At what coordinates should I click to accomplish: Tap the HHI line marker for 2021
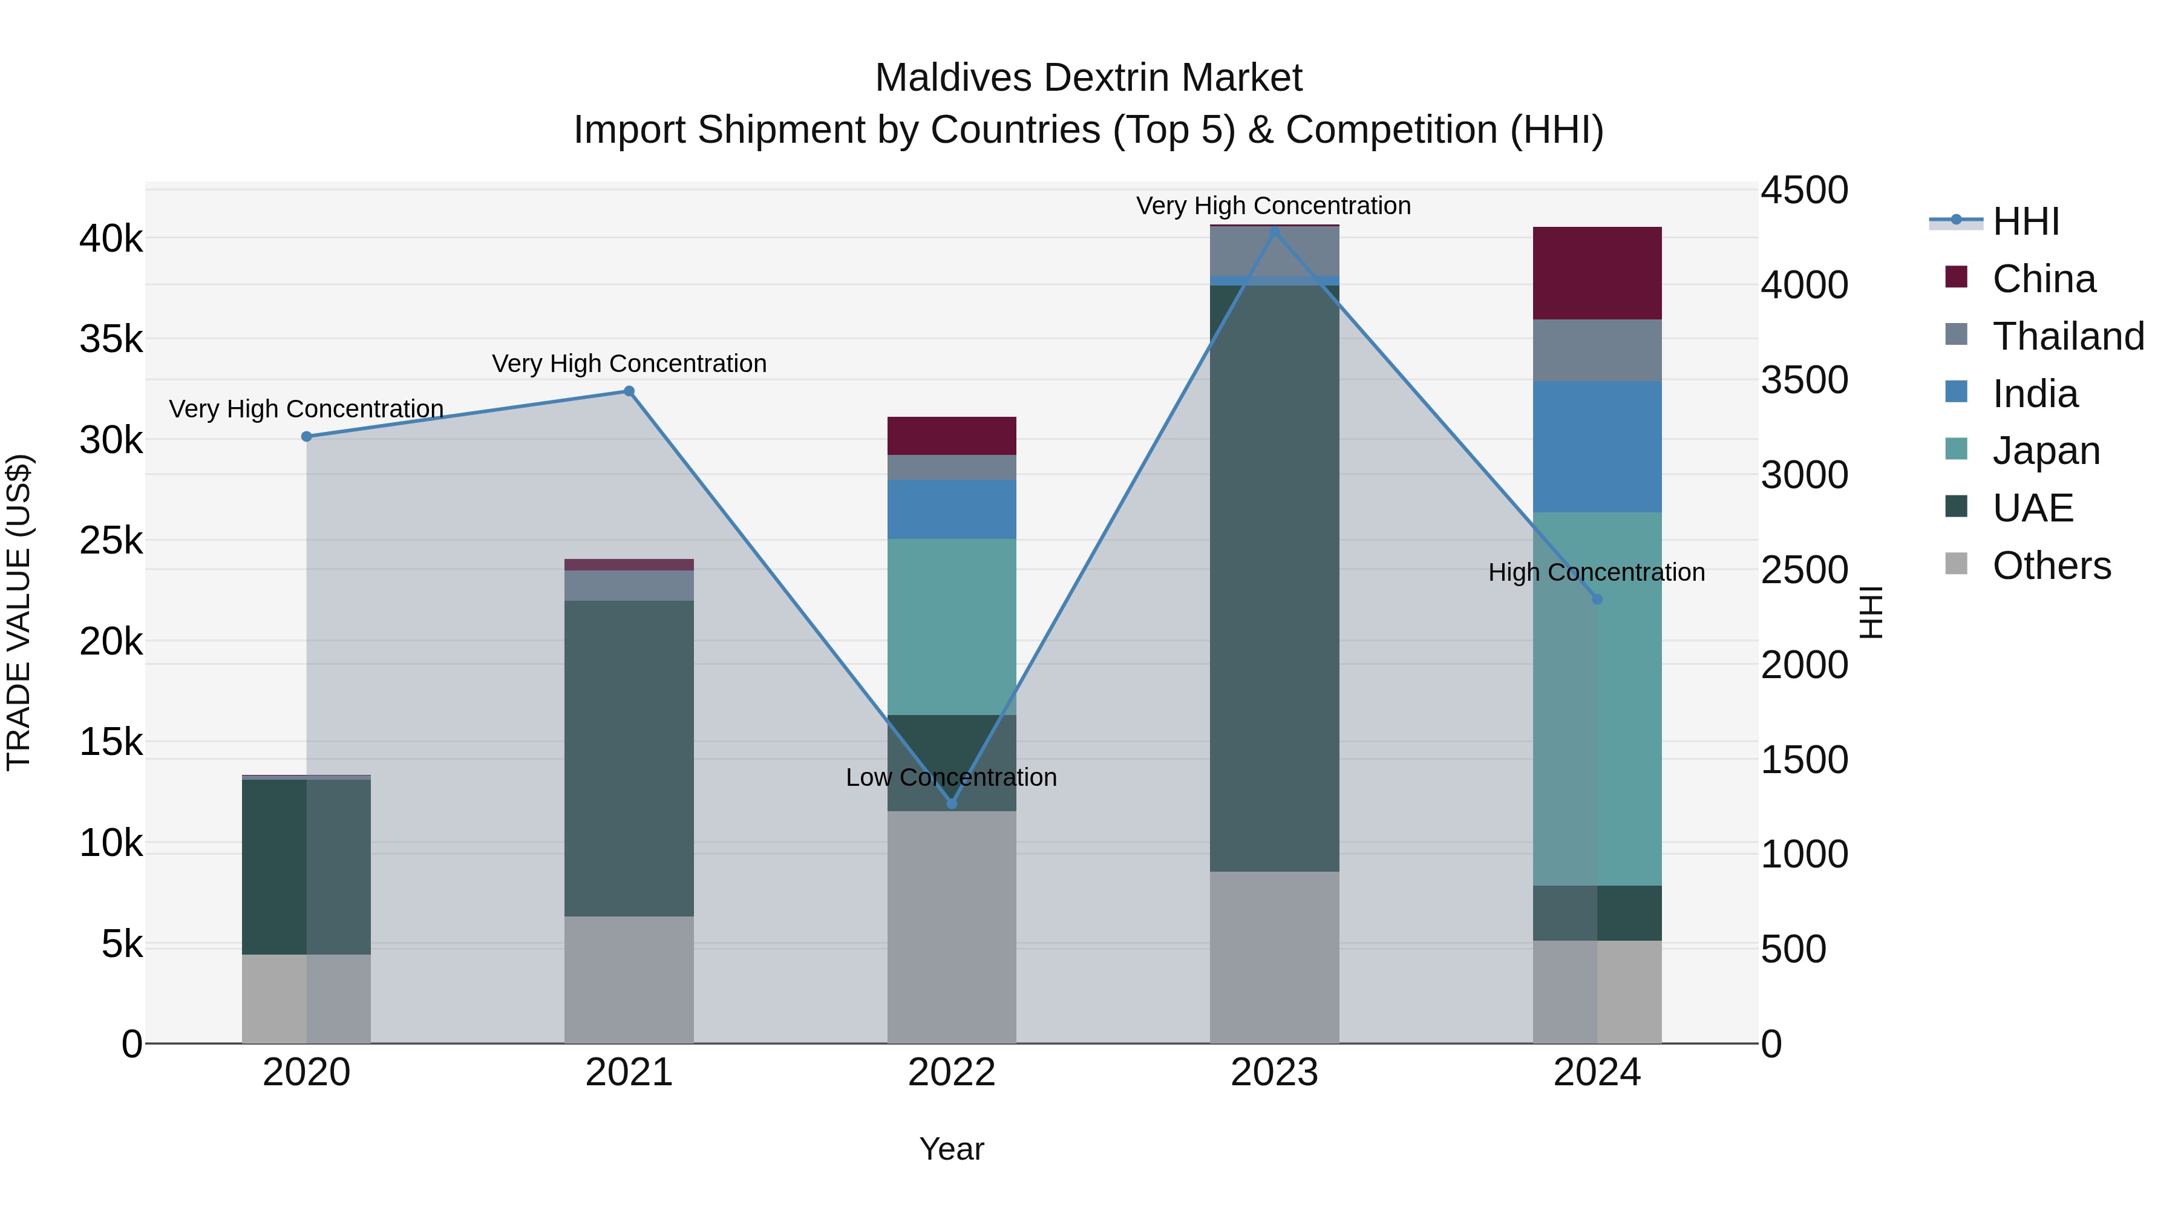pyautogui.click(x=629, y=391)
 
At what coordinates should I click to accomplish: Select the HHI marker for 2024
pyautogui.click(x=1597, y=599)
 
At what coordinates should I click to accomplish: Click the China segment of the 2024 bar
pyautogui.click(x=1597, y=272)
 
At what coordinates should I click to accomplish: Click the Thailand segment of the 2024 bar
pyautogui.click(x=1597, y=350)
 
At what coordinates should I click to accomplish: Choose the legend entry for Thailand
pyautogui.click(x=2067, y=336)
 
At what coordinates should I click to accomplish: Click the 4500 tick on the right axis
pyautogui.click(x=1804, y=190)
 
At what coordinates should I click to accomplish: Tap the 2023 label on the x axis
pyautogui.click(x=1274, y=1072)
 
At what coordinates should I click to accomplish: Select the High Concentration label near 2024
pyautogui.click(x=1597, y=572)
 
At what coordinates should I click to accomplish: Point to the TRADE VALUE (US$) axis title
pyautogui.click(x=19, y=612)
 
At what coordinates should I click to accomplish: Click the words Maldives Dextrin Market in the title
pyautogui.click(x=1088, y=78)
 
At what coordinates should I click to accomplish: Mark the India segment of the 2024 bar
pyautogui.click(x=1597, y=446)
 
